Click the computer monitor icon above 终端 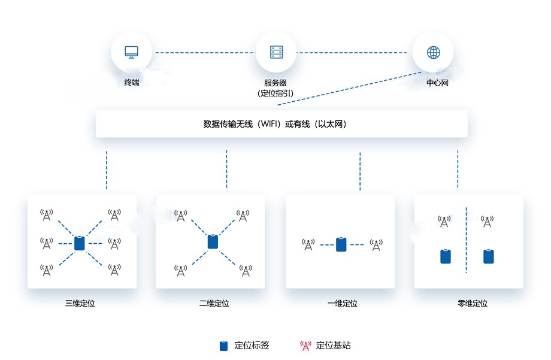tap(131, 52)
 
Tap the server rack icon tap(275, 52)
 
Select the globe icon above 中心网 tap(433, 52)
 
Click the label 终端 tap(131, 83)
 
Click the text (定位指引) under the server tap(275, 93)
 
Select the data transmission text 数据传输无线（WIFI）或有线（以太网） tap(275, 125)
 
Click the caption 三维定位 tap(80, 303)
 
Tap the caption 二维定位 tap(214, 303)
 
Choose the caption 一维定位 tap(343, 303)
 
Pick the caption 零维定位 tap(472, 303)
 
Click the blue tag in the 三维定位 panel tap(80, 243)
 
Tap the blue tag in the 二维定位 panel tap(213, 242)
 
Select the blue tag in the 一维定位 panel tap(341, 244)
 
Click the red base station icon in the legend tap(305, 346)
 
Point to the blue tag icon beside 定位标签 tap(224, 346)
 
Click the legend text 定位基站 tap(333, 346)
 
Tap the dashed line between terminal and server tap(204, 53)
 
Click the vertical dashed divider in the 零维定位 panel tap(466, 240)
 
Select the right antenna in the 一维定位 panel tap(376, 244)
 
